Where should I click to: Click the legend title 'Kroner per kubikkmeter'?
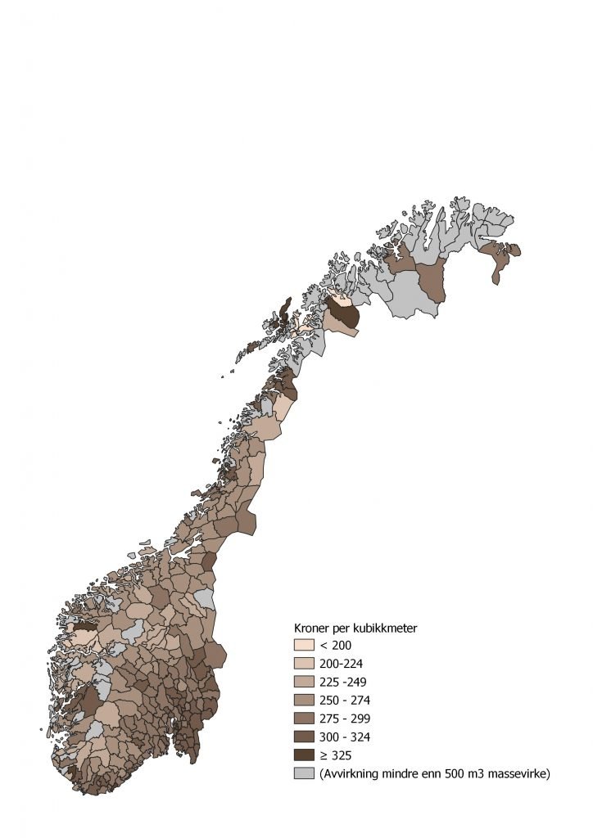point(356,628)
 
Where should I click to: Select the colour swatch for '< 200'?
point(304,646)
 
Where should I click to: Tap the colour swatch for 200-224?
point(304,664)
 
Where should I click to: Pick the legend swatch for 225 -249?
point(304,682)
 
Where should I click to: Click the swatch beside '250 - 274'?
point(304,700)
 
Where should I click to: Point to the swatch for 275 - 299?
point(304,718)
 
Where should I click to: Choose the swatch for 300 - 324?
point(304,736)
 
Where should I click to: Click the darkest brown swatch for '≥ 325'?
point(304,754)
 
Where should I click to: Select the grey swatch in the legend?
point(304,773)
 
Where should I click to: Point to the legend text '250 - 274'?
point(344,700)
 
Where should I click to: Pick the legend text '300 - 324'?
point(344,736)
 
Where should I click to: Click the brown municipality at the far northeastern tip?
point(499,260)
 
